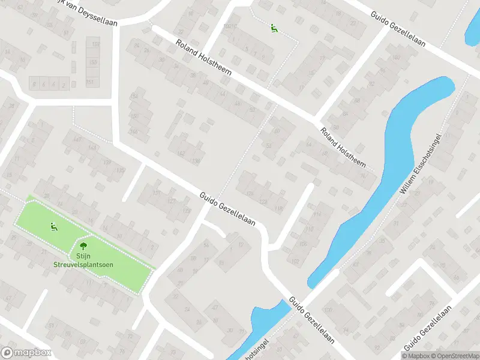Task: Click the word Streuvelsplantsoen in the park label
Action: (x=82, y=265)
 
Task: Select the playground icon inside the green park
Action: (x=53, y=226)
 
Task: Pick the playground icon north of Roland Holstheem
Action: (x=274, y=28)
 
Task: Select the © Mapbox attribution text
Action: (x=416, y=356)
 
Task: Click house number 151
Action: (x=90, y=82)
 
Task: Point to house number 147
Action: (x=77, y=140)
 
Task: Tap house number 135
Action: (x=121, y=171)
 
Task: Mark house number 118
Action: (x=278, y=208)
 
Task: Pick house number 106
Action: (x=303, y=244)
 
